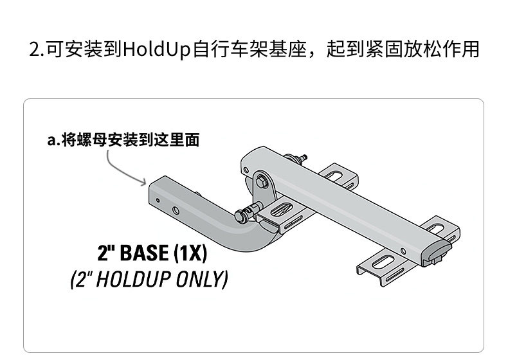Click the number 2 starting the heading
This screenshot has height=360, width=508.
click(x=35, y=50)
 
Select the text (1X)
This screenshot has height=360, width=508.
click(x=190, y=253)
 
